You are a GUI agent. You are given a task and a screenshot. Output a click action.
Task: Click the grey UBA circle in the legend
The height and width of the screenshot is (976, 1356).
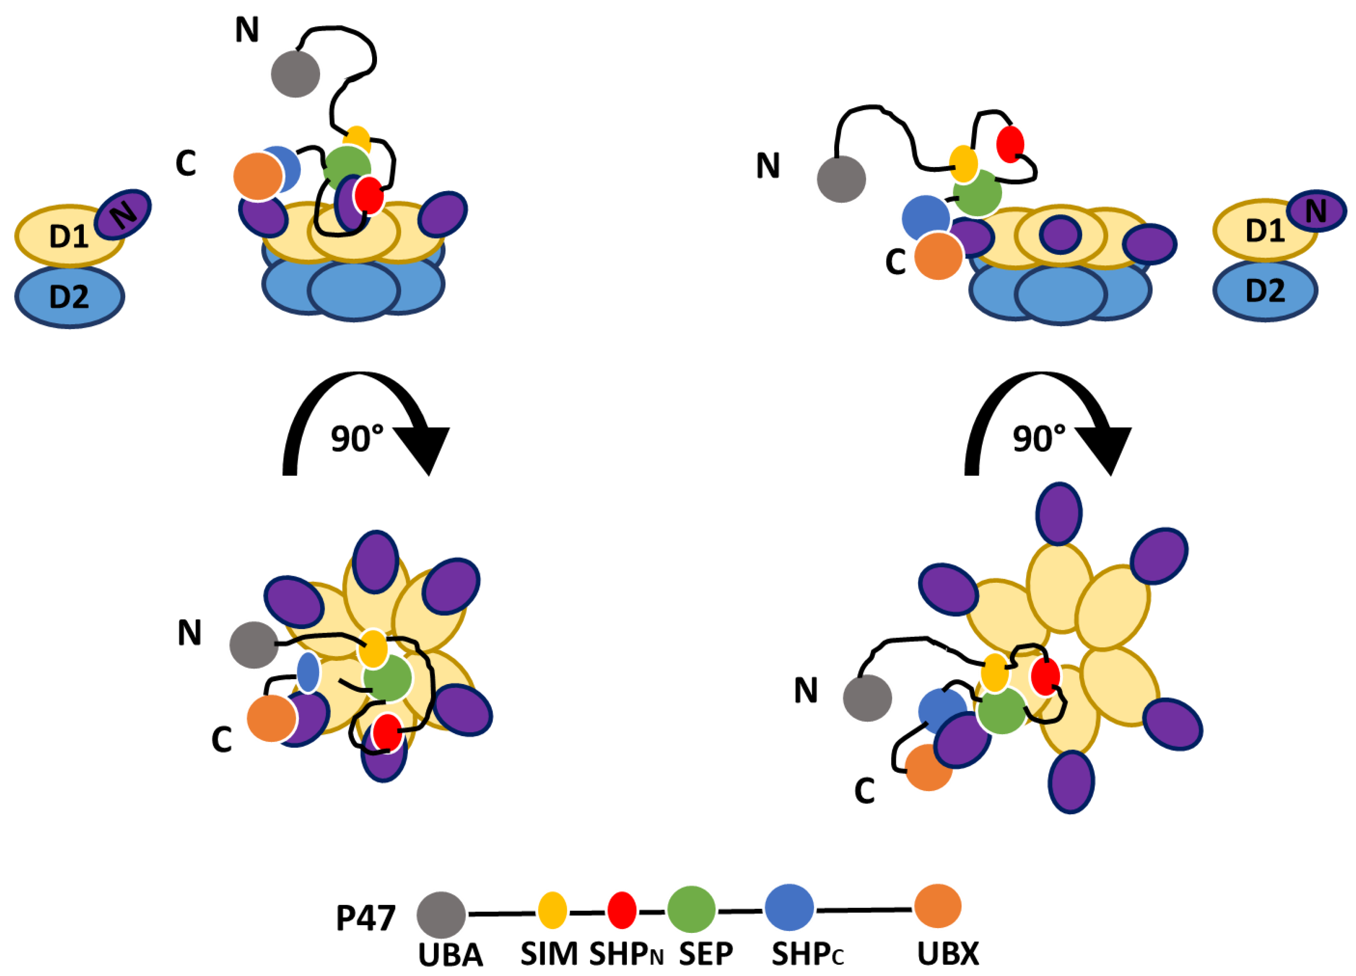[x=441, y=915]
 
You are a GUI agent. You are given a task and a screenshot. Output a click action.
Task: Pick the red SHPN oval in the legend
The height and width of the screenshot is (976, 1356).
[x=622, y=910]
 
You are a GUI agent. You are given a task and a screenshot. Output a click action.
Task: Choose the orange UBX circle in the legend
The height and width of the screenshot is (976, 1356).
[x=937, y=906]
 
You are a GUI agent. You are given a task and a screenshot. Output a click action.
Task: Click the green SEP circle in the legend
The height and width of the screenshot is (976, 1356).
[x=691, y=910]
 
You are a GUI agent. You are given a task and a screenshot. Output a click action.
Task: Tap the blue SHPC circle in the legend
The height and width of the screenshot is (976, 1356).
[x=789, y=908]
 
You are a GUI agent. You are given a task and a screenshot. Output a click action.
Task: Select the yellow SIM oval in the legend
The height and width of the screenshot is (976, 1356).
[x=552, y=910]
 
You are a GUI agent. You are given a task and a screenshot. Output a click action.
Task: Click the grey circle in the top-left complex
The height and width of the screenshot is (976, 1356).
[x=295, y=74]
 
